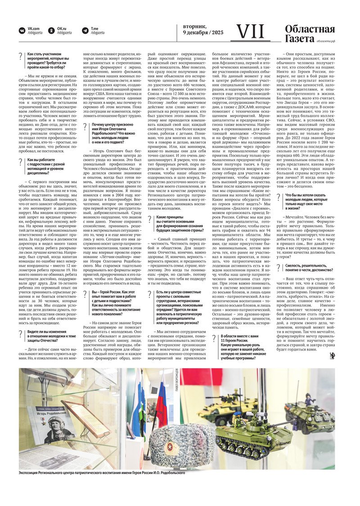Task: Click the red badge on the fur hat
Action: [170, 447]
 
